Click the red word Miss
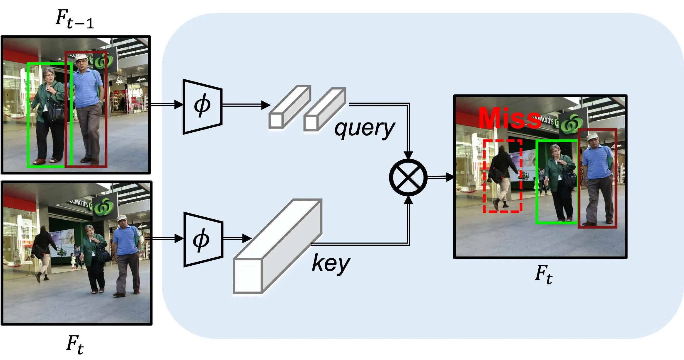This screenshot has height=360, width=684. coord(510,118)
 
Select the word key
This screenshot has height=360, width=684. coord(331,263)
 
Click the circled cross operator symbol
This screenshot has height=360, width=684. coord(408,178)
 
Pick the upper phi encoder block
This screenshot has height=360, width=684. coord(202,106)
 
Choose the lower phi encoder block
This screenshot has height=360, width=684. coord(203,240)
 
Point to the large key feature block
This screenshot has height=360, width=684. coord(277,246)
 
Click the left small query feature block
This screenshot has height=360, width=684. coord(289,107)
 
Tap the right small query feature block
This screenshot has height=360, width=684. coord(324,109)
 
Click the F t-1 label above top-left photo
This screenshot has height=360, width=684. coord(75,19)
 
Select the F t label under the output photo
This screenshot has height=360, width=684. coord(544,274)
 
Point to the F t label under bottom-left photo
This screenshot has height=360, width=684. coord(75,344)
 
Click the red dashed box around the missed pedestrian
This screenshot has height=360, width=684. coord(503,176)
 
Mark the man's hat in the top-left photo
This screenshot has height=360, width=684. coord(81,57)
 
